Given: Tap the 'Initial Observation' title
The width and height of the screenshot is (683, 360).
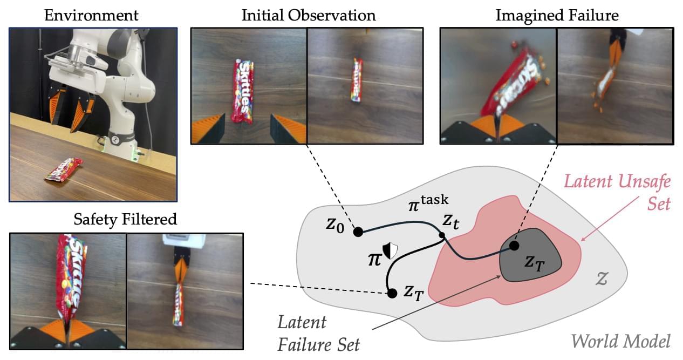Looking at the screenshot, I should point(309,15).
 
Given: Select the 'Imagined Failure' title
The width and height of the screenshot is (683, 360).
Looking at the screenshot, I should point(557,15).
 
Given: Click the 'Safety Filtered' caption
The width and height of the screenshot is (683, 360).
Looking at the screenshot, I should point(126,219).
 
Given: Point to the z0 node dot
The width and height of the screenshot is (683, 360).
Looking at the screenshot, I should point(357,232).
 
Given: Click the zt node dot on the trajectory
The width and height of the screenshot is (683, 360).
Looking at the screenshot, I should point(442,235).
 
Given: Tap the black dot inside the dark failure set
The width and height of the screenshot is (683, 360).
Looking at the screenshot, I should point(514,246).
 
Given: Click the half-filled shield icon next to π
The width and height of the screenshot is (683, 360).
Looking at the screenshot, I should point(390,249).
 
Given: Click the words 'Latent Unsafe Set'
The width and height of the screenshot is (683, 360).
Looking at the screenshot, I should point(617,192).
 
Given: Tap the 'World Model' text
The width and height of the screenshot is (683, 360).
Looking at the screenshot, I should point(620,341).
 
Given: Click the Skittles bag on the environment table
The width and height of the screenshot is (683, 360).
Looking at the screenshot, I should point(64,169).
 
